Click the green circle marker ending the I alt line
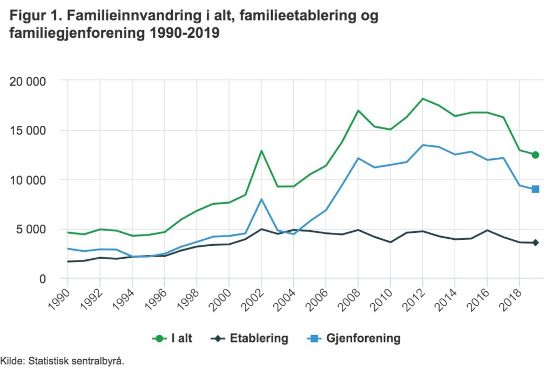pos(535,155)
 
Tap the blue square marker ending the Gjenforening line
pos(535,189)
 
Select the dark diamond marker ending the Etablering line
pos(535,243)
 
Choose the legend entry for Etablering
pos(251,339)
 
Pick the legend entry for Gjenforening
pos(355,339)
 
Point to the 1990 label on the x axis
pos(60,299)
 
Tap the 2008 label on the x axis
pos(350,299)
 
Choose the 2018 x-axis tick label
pos(512,299)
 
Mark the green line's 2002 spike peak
pos(261,151)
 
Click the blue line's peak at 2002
pos(261,199)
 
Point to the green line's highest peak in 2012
pos(423,99)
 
